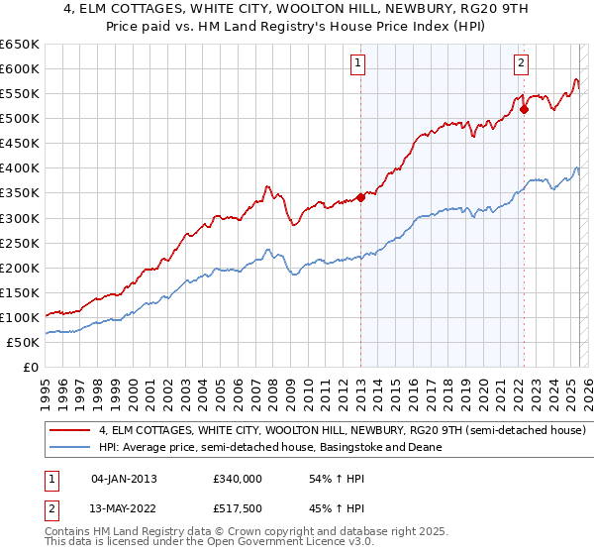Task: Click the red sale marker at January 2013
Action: (x=360, y=197)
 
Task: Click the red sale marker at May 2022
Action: (x=524, y=109)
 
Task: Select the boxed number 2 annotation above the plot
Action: (x=521, y=64)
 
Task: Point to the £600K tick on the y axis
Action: (x=20, y=68)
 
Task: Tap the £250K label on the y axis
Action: (x=20, y=243)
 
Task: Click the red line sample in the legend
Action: (x=70, y=431)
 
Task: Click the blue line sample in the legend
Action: (x=70, y=448)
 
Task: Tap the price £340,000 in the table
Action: (x=238, y=479)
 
